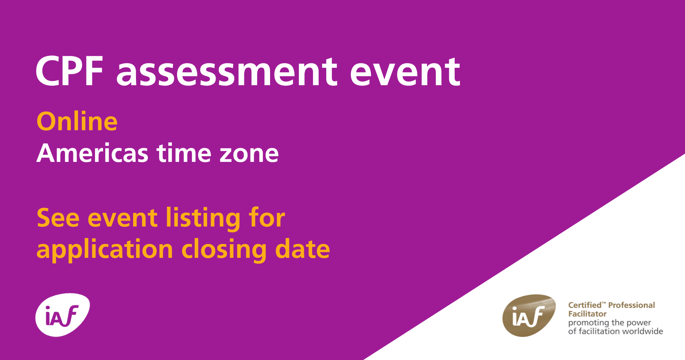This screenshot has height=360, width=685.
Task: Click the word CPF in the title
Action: pos(69,71)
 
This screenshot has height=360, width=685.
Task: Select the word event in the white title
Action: pos(405,72)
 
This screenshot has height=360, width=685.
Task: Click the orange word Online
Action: pos(77,121)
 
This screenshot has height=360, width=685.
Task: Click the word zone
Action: pos(249,154)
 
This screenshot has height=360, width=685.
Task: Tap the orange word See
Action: pos(58,218)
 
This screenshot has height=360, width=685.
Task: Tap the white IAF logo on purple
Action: pos(63,315)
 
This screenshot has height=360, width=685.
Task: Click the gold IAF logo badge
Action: pos(529,315)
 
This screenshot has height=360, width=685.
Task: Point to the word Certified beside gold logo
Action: pos(585,305)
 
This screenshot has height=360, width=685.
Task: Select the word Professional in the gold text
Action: pos(632,305)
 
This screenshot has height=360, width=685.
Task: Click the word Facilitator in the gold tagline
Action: pos(587,314)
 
